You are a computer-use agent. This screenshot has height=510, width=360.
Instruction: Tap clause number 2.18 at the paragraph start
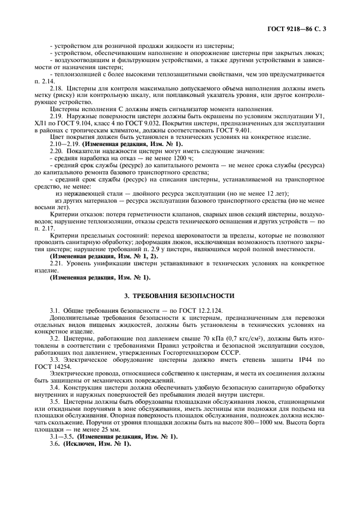coord(56,88)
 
